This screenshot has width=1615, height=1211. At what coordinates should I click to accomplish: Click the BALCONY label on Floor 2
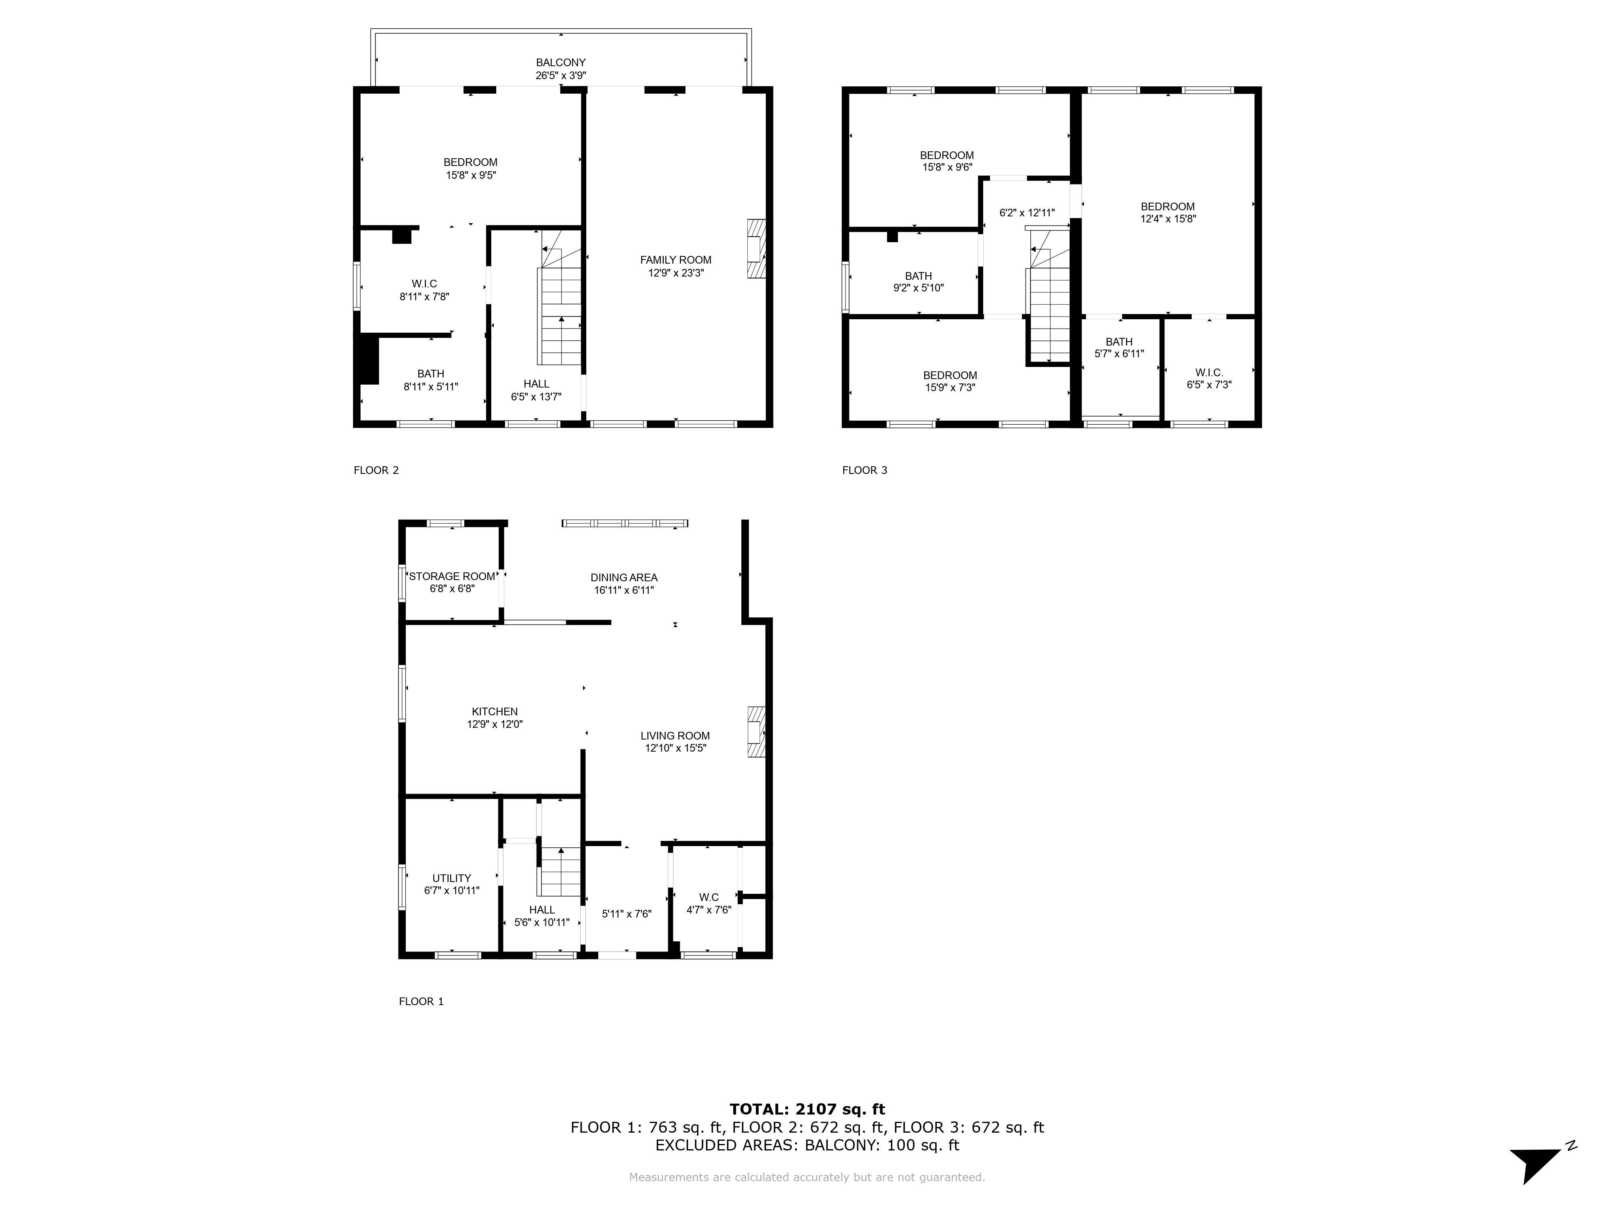[x=561, y=63]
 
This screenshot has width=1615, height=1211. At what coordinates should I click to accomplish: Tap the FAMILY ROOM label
[x=675, y=260]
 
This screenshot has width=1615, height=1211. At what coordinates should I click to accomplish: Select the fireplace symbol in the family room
[x=756, y=249]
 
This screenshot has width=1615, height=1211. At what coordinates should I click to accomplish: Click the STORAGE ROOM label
[x=452, y=577]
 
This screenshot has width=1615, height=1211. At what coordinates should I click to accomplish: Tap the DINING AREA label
[x=624, y=577]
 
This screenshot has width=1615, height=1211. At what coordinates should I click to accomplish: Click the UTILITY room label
[x=452, y=878]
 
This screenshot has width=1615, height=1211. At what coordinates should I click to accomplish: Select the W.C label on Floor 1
[x=709, y=897]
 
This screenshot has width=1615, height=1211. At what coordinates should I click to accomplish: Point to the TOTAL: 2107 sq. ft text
[x=807, y=1110]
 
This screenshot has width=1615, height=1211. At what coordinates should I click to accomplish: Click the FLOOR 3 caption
[x=864, y=470]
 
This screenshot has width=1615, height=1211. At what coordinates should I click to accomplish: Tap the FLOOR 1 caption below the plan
[x=421, y=1001]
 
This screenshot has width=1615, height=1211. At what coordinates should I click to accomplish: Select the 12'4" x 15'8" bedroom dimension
[x=1168, y=219]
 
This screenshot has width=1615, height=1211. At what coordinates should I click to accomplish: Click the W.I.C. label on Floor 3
[x=1209, y=373]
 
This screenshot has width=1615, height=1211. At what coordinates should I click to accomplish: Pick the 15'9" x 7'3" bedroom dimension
[x=950, y=388]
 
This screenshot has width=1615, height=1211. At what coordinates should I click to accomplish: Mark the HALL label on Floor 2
[x=537, y=384]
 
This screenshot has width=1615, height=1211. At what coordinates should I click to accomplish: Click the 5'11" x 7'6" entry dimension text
[x=627, y=914]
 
